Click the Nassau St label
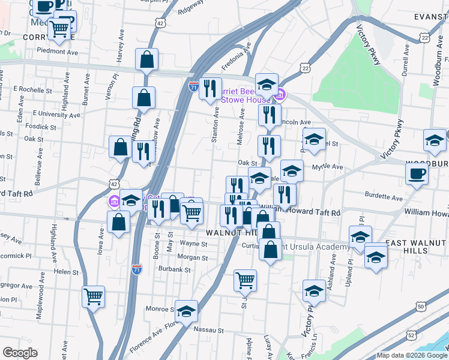click(208, 330)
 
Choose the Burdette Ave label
click(384, 197)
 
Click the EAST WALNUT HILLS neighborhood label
click(417, 246)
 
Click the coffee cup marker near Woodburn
click(416, 173)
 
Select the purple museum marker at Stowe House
click(280, 94)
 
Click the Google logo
click(19, 353)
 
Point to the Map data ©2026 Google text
click(411, 356)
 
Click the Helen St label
click(62, 271)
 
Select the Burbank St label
click(174, 269)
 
